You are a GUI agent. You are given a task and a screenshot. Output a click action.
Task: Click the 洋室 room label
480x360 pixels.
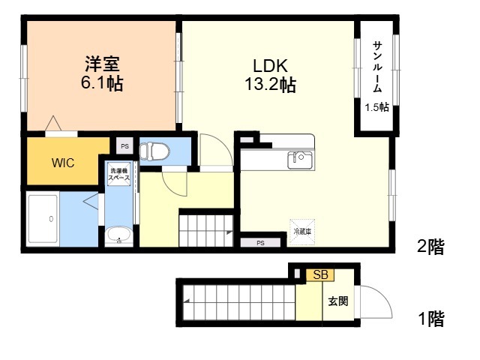click(102, 64)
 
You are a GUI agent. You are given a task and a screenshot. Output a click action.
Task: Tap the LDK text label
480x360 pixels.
click(270, 65)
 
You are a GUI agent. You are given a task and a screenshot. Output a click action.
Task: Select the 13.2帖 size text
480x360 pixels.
click(270, 84)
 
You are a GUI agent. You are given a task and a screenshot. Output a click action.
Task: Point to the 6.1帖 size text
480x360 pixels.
click(102, 82)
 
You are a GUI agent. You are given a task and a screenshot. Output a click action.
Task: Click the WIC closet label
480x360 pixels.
click(63, 163)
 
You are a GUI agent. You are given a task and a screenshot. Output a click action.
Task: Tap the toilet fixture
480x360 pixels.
click(154, 151)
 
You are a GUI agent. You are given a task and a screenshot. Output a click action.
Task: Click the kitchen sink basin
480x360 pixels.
click(300, 160)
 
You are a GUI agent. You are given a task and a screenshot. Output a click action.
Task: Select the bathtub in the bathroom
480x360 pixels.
click(43, 219)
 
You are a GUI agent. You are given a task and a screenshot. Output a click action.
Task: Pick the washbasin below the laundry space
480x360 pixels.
click(118, 235)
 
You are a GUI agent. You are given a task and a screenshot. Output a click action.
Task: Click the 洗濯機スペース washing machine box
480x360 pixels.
click(118, 174)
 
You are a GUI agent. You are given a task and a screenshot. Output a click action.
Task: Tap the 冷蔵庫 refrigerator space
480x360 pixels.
click(302, 232)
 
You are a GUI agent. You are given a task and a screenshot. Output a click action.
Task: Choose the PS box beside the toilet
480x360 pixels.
click(124, 146)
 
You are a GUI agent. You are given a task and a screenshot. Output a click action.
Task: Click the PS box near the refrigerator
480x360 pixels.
click(260, 243)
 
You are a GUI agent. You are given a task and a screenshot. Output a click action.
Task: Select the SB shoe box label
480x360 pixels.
click(320, 274)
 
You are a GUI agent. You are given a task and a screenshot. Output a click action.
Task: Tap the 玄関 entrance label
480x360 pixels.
click(338, 301)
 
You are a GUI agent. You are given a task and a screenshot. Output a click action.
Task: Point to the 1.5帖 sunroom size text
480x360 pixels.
click(376, 107)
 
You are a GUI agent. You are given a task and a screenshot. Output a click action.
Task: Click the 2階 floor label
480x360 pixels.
click(430, 246)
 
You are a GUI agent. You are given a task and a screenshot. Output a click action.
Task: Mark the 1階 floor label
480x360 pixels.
click(431, 319)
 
